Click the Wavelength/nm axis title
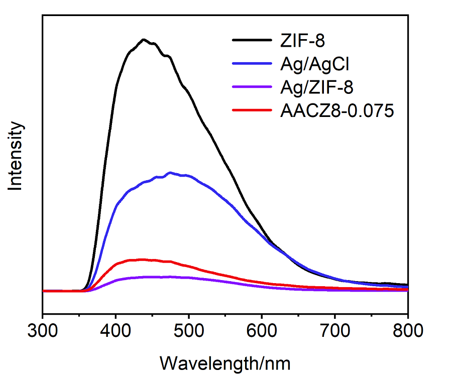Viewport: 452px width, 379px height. [225, 362]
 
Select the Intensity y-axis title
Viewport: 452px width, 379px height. [16, 156]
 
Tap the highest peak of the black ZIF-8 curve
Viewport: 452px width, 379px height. [144, 39]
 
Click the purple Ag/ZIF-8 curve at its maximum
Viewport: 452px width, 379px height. [151, 277]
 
